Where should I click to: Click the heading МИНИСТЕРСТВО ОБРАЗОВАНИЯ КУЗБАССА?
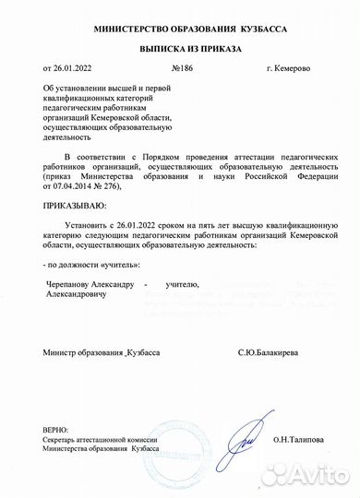tap(179, 30)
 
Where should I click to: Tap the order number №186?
tap(181, 68)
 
